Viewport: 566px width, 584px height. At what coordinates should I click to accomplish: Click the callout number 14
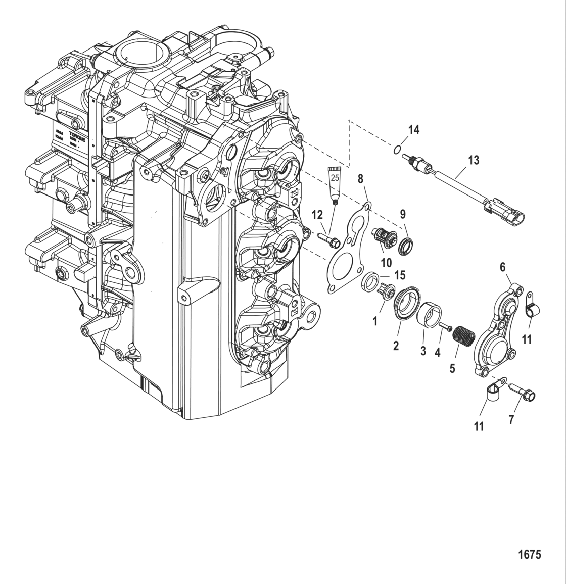(413, 130)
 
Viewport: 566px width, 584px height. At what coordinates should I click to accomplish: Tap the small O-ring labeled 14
(398, 149)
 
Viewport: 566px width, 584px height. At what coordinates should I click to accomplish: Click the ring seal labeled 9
(405, 247)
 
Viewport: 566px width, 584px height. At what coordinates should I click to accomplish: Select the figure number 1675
(529, 555)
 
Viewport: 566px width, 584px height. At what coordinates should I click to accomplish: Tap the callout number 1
(375, 321)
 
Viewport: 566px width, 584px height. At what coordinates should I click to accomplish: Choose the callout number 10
(386, 263)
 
